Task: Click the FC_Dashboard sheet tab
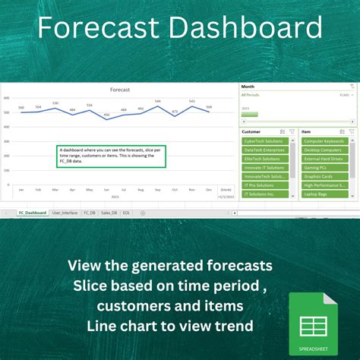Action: point(33,213)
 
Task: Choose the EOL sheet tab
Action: point(127,213)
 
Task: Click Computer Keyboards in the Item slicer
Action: point(325,141)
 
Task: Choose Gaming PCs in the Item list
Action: point(325,168)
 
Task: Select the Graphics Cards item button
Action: point(325,176)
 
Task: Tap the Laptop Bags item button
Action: point(325,194)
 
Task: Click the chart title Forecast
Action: point(120,90)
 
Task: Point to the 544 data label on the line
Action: point(157,102)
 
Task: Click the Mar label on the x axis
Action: point(55,189)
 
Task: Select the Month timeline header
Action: point(248,87)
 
